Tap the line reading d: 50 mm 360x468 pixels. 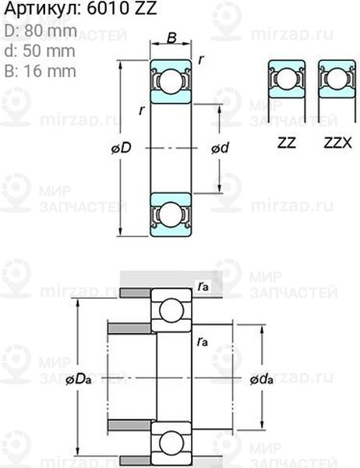39,51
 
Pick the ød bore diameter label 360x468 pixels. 220,148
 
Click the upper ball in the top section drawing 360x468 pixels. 170,80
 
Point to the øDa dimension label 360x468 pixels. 79,380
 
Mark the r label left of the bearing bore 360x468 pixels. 141,110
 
